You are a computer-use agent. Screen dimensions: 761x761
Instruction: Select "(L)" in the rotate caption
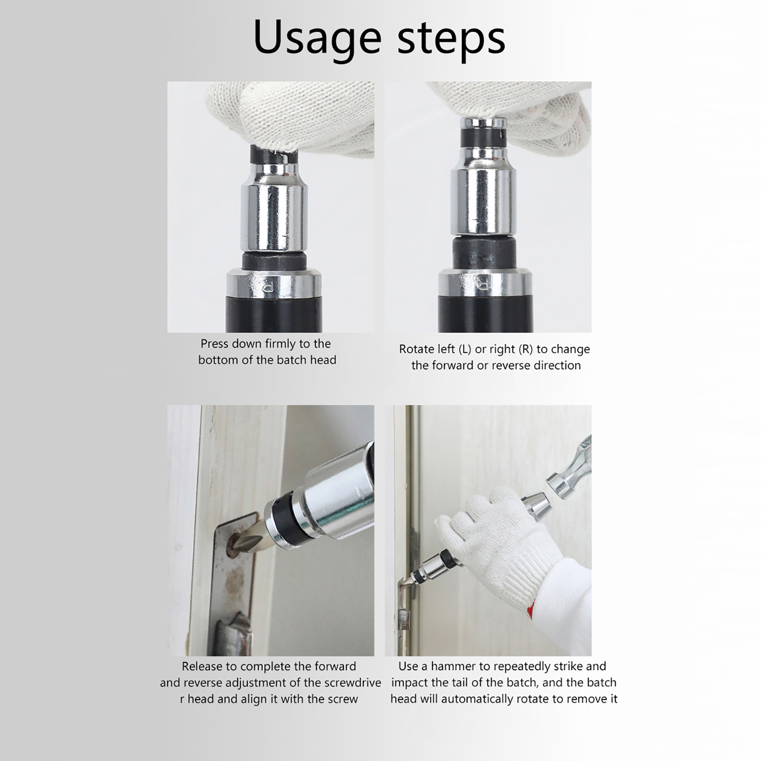(x=465, y=349)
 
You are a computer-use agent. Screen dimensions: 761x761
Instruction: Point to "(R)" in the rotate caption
(x=526, y=349)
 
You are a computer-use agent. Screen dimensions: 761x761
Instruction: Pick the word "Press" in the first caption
(x=215, y=344)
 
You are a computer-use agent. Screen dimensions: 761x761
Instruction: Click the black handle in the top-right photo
(x=485, y=313)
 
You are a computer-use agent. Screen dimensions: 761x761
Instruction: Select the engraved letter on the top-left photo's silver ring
(x=267, y=286)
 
